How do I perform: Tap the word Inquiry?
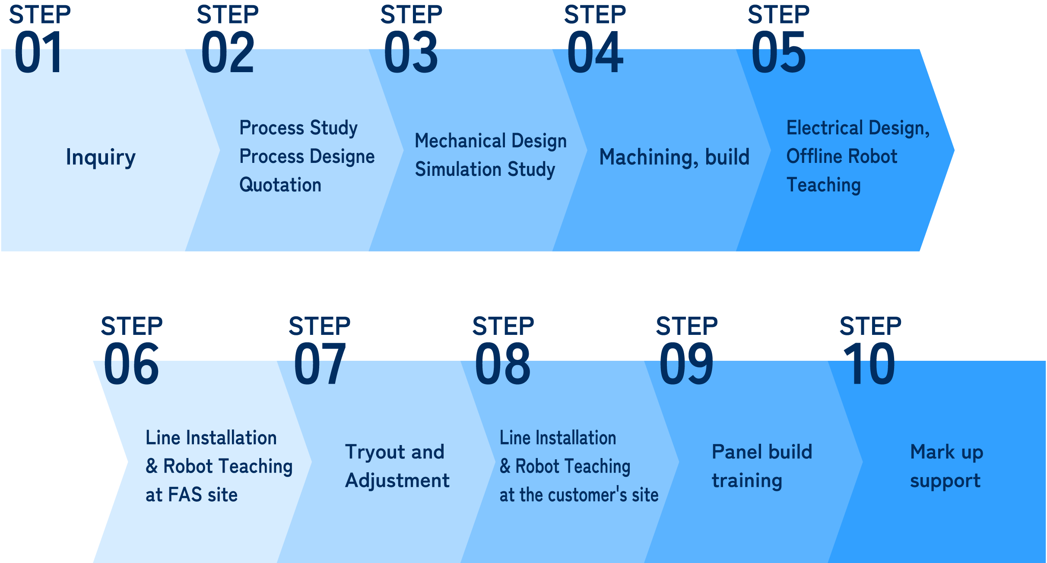click(101, 157)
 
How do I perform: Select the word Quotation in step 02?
click(280, 185)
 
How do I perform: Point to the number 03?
click(411, 53)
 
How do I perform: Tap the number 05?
click(778, 53)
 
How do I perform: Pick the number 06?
click(131, 364)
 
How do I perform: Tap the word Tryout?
click(374, 452)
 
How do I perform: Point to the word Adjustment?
click(397, 480)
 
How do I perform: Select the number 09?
click(686, 364)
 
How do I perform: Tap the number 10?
click(869, 364)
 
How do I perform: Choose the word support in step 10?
click(945, 481)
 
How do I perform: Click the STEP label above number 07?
click(320, 326)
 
